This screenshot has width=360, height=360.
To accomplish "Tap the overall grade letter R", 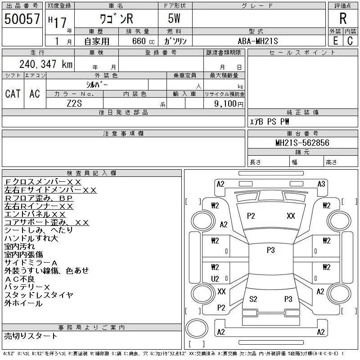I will [x=343, y=19].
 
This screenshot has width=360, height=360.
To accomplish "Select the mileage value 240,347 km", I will [x=45, y=64].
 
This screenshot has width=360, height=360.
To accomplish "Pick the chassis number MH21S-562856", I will [x=302, y=143].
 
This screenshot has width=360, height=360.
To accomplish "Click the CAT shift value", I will [x=13, y=94].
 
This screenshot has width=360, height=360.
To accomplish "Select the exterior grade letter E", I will [x=335, y=41].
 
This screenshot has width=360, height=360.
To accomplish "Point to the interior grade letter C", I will [x=350, y=41].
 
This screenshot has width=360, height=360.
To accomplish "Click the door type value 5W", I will [x=175, y=19].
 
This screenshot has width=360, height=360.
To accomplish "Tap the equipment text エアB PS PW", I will [x=270, y=121].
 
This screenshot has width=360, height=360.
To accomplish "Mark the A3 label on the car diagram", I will [x=321, y=184].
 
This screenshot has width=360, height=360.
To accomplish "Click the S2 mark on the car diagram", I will [x=253, y=299].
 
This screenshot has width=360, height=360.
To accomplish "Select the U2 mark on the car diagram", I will [x=215, y=279].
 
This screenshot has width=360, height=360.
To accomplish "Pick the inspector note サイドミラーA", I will [x=31, y=263].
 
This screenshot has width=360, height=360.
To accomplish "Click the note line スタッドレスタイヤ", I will [x=39, y=295].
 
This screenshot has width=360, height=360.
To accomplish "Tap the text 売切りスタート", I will [x=31, y=336].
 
